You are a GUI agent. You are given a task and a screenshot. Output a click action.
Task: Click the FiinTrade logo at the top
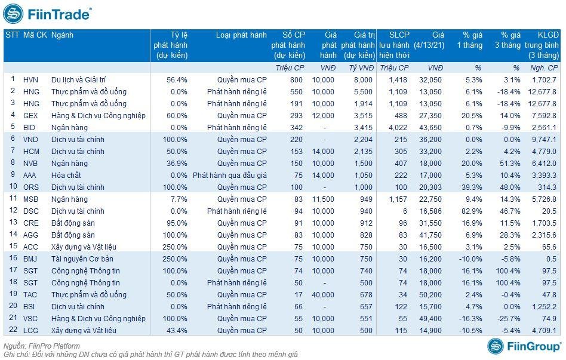[x=48, y=13]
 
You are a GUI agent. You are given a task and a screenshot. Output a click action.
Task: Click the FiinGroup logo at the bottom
[x=524, y=346]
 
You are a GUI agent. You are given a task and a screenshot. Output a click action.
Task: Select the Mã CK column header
[x=35, y=35]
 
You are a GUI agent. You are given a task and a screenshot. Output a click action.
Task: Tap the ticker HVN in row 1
[x=30, y=79]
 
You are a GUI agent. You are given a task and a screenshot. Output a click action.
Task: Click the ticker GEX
[x=30, y=115]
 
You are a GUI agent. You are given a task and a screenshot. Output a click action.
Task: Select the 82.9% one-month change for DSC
[x=470, y=211]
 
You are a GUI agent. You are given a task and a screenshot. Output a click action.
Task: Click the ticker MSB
[x=30, y=199]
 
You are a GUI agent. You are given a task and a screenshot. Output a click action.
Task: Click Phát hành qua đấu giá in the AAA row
[x=230, y=175]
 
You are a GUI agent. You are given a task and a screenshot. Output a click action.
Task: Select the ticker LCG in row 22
[x=30, y=330]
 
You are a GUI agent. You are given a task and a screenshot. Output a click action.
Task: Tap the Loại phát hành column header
[x=241, y=35]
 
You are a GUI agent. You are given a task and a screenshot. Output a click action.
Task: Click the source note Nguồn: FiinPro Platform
[x=42, y=346]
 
